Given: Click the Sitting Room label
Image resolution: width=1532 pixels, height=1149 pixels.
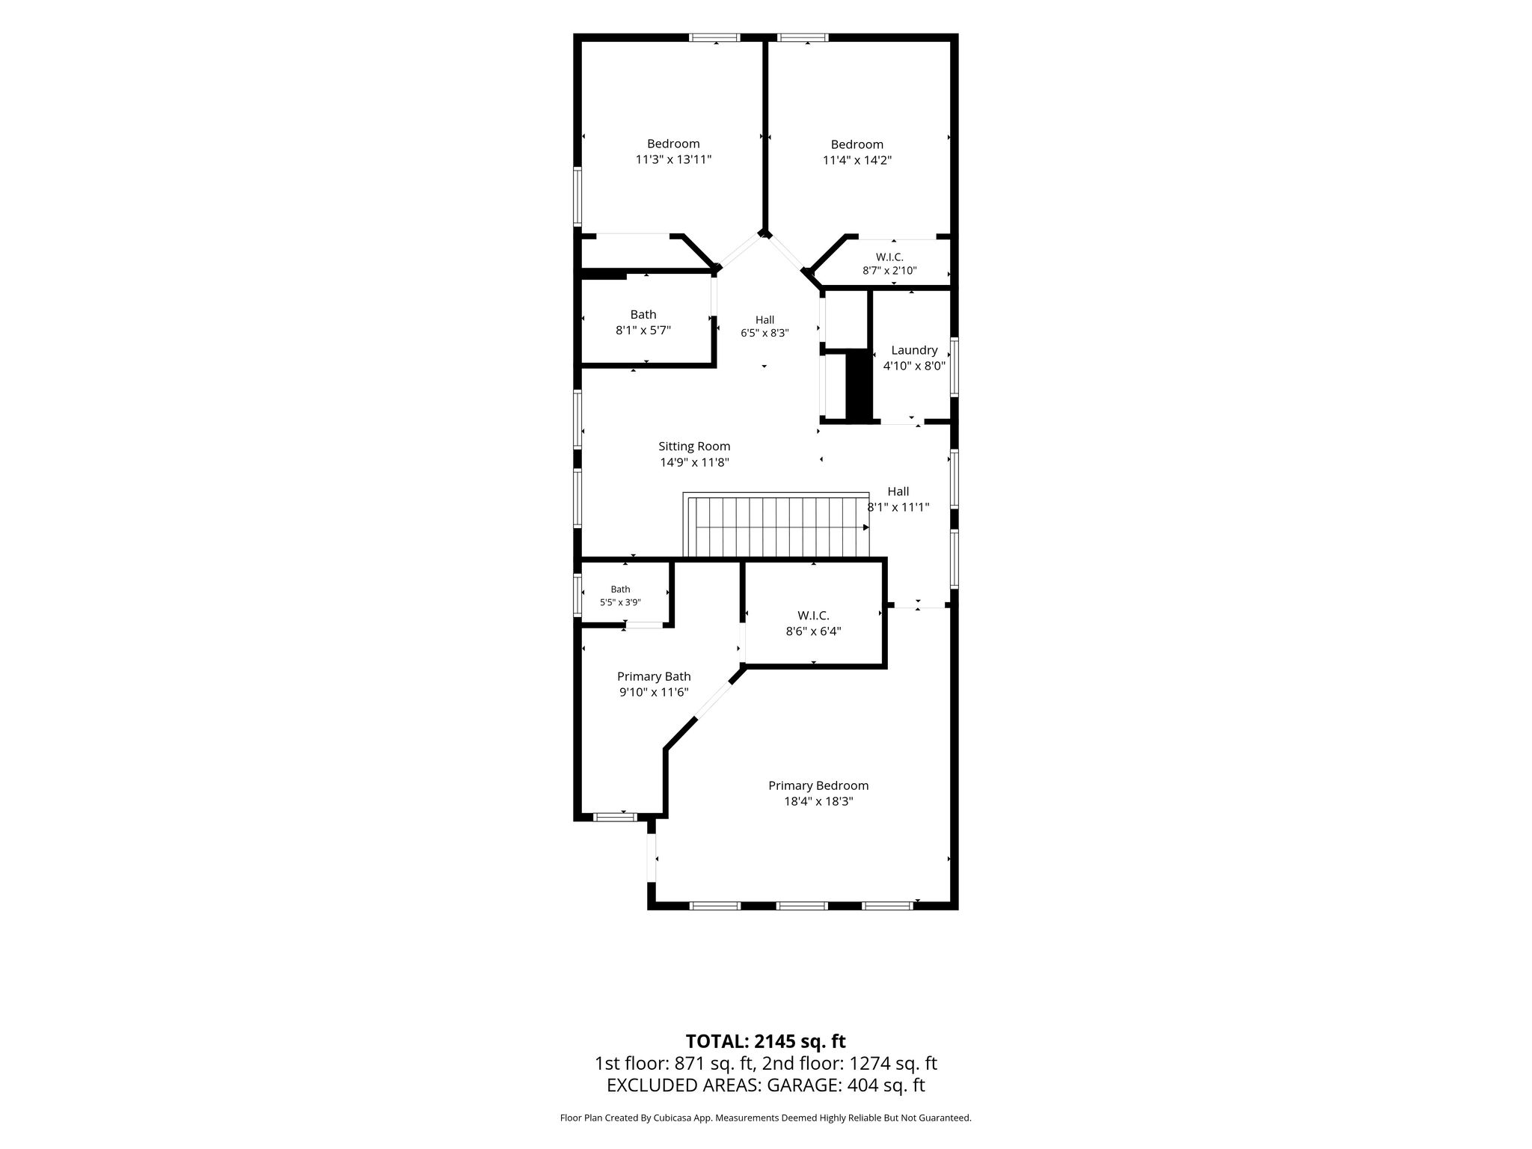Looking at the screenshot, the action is coord(694,447).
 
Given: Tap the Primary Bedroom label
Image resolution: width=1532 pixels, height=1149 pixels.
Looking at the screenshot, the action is coord(818,785).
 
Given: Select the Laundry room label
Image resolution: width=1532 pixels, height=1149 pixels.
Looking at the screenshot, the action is coord(914,350).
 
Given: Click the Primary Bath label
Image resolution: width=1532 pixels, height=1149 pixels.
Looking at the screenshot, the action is coord(654,677).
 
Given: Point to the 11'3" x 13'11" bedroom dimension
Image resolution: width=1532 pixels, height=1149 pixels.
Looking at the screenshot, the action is coord(673,159).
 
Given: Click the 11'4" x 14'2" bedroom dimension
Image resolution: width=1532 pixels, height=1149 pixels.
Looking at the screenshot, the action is coord(857,160).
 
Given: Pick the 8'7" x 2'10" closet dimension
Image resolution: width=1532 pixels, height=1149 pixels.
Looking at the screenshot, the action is coord(889,271).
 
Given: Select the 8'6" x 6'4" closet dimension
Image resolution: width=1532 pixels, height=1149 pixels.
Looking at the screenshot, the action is coord(813,631).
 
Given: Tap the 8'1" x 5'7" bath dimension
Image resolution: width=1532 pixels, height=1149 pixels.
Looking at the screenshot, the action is coord(643,330).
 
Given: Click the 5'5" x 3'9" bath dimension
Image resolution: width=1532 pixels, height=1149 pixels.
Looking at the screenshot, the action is coord(620,602).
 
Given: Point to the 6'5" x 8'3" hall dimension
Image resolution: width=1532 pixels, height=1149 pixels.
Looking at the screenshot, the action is coord(765,333).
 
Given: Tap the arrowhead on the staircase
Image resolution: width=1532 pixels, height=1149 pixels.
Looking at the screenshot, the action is coord(866,527).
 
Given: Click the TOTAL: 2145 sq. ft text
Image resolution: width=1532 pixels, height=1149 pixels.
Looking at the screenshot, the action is coord(765,1041).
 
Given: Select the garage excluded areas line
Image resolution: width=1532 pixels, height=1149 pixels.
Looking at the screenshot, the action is coord(765,1085).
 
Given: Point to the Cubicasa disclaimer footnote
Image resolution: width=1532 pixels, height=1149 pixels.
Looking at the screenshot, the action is coord(765,1118).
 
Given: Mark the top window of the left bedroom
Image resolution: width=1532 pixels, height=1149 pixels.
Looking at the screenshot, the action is coord(714,37).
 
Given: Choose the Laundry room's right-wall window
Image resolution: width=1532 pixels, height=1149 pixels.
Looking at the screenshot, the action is coord(955,367).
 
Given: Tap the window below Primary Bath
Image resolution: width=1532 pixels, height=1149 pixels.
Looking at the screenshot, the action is coord(615,817).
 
